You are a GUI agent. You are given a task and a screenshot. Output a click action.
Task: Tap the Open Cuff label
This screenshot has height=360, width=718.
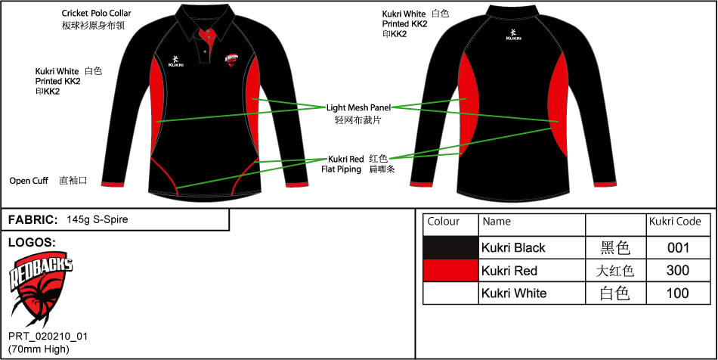pos(29,182)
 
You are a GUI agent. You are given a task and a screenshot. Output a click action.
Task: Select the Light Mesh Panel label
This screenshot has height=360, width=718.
pos(358,107)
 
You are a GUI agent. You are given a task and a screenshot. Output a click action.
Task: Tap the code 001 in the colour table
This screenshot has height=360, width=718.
pos(678,248)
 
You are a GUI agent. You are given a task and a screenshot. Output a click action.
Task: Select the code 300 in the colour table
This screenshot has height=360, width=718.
pos(678,271)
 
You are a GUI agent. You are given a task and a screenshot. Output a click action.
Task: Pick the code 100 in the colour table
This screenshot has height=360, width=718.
pos(678,293)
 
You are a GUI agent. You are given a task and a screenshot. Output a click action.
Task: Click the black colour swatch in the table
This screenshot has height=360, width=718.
pos(451,248)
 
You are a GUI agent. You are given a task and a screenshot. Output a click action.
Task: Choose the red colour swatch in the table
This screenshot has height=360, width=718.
pos(451,271)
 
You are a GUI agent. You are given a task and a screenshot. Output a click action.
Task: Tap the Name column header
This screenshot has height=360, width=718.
pos(497,222)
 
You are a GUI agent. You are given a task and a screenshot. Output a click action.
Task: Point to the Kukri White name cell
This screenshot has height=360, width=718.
pos(514,293)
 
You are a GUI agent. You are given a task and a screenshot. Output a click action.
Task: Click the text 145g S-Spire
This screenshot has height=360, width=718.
pos(97,220)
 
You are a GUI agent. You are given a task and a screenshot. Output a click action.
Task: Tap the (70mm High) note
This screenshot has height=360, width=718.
pos(39,349)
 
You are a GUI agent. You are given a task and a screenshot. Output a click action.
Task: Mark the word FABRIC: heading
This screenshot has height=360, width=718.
pos(33,220)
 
